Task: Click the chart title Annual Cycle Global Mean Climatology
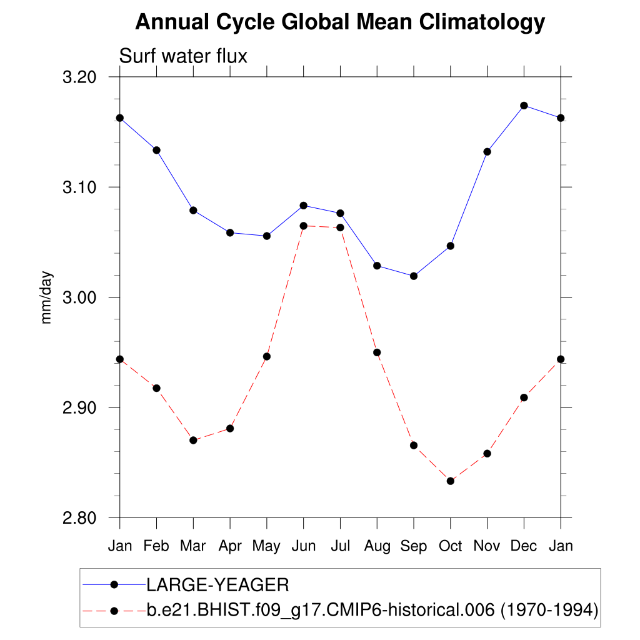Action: click(340, 22)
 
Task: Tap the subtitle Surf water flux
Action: click(183, 56)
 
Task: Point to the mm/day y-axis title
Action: click(47, 297)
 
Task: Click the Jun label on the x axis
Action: click(303, 546)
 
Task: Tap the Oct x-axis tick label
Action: click(450, 546)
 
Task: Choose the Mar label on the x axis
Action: click(193, 546)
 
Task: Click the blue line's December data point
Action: click(524, 106)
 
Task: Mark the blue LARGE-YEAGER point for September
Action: click(414, 276)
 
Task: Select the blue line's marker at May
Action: click(267, 236)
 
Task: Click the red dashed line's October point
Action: click(450, 481)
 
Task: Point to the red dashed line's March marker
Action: click(193, 440)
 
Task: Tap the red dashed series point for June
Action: click(303, 226)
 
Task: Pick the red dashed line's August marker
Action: click(377, 352)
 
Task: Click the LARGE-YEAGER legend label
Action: click(217, 585)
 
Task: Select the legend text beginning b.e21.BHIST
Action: click(372, 610)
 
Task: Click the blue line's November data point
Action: click(487, 151)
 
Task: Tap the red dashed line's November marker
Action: click(487, 453)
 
